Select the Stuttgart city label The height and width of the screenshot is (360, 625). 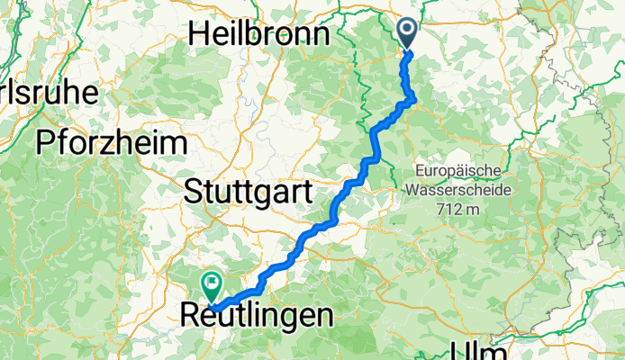pos(248,191)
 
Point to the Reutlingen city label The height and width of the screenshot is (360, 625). pos(256,316)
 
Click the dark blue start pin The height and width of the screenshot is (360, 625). pos(407,33)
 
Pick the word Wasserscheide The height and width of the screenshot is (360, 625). pos(458,190)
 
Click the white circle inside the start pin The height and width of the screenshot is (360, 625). pos(407,29)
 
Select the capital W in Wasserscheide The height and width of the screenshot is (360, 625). pos(412,190)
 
